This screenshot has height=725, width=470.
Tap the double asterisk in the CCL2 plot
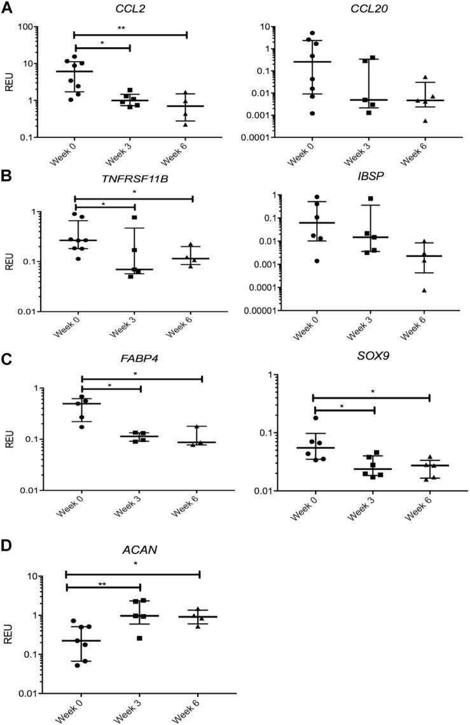pyautogui.click(x=130, y=27)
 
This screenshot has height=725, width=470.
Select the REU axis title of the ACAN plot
pyautogui.click(x=8, y=634)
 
